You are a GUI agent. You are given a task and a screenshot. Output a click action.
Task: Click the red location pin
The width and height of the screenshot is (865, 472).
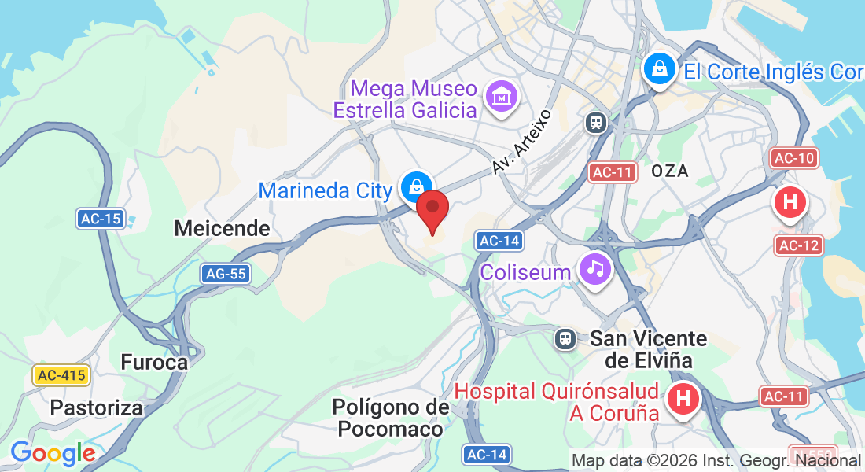point(432,210)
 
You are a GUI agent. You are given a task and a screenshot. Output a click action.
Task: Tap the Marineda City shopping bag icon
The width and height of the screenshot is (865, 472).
point(413,186)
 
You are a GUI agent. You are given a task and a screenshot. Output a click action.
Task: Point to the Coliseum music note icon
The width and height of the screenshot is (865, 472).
point(595,270)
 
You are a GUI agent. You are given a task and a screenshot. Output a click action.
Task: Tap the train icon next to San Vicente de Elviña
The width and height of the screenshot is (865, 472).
point(565,339)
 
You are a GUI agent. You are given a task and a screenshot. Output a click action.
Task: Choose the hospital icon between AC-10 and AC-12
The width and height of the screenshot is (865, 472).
point(790,202)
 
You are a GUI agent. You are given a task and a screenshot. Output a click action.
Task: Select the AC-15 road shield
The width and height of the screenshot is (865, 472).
point(101,219)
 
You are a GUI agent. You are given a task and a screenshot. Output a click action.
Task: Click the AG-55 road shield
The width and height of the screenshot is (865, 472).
point(226,274)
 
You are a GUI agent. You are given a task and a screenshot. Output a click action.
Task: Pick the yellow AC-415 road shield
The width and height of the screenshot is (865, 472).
point(61,375)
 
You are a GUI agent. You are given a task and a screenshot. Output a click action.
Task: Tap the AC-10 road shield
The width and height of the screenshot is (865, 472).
point(794,158)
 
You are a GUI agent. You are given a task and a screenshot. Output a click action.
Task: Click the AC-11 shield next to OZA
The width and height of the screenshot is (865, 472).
point(613,172)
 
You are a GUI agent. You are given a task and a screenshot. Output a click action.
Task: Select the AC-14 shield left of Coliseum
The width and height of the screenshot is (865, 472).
point(499,241)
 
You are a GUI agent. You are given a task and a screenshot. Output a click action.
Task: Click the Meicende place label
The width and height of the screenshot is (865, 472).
point(222,229)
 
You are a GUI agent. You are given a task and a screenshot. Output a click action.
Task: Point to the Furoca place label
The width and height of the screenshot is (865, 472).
point(154,362)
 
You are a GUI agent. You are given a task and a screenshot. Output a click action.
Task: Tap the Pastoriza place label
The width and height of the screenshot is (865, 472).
point(97,407)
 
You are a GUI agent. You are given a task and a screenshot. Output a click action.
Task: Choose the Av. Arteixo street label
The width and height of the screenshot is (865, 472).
point(522,142)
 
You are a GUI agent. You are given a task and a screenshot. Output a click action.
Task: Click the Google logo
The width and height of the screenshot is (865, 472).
point(53,453)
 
